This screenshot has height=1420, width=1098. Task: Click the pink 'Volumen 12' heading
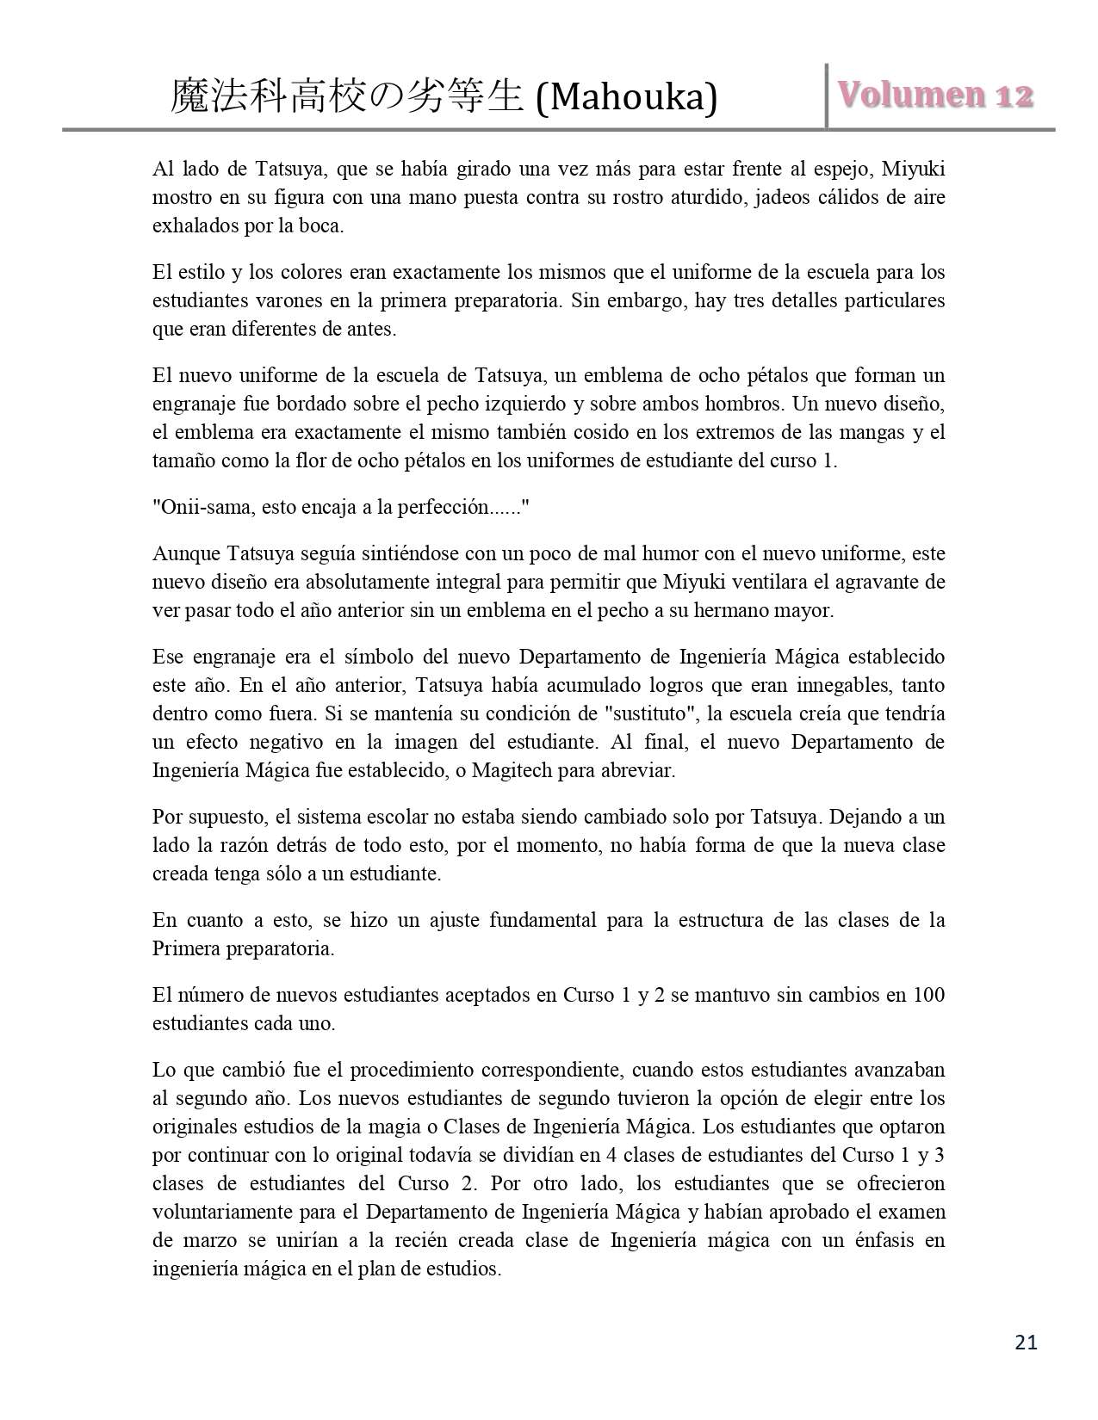[x=934, y=96]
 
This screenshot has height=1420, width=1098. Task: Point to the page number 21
[x=1026, y=1343]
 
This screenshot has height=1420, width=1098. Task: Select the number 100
[x=928, y=995]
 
